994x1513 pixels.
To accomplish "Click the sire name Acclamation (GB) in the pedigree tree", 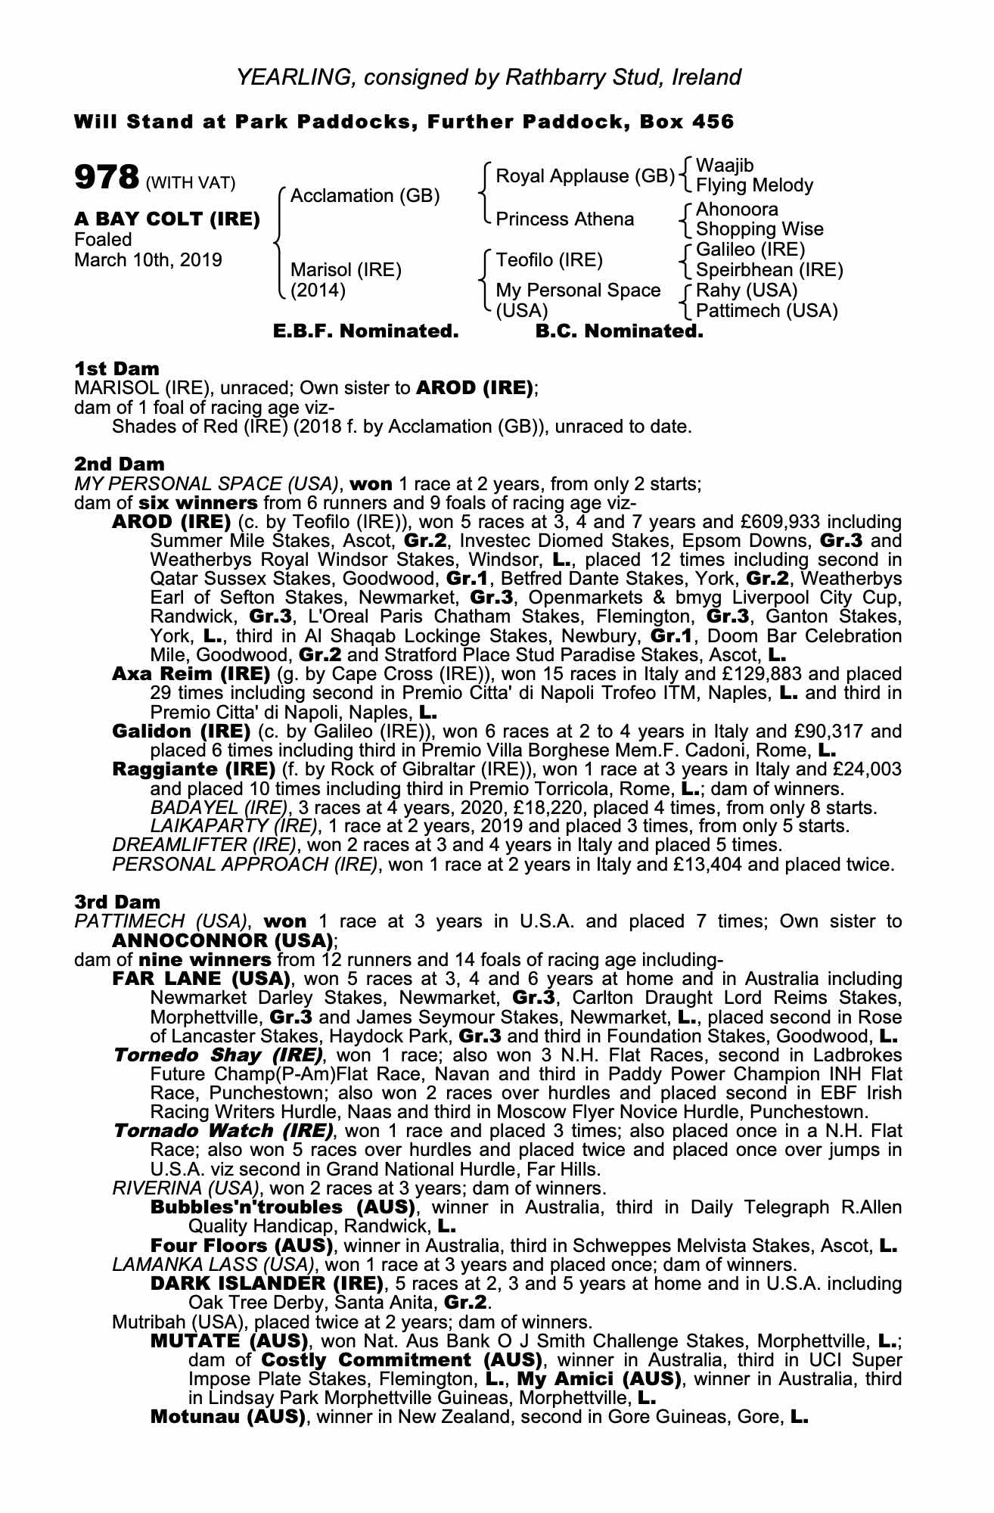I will tap(365, 196).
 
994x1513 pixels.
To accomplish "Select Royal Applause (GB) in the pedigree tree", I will tap(585, 176).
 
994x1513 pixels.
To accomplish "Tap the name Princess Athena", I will tap(565, 219).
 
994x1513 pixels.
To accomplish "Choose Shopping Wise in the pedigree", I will tap(759, 229).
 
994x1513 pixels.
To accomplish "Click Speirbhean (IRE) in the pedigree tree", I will tap(769, 270).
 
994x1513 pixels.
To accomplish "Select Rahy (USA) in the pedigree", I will tap(747, 290).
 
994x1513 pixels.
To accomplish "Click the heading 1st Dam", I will tap(117, 369).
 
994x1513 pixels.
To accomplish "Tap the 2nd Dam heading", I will tap(120, 464).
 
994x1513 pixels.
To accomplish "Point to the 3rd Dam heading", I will tap(118, 902).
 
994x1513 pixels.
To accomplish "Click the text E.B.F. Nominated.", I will tap(365, 331).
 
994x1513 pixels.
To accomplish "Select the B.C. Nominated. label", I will tap(619, 331).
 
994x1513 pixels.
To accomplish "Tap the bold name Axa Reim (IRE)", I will tap(191, 673).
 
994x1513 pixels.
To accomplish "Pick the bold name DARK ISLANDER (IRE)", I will tap(267, 1284).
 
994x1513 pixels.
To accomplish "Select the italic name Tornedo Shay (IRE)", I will tap(219, 1055).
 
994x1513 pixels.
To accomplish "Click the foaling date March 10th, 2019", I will tap(148, 261).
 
